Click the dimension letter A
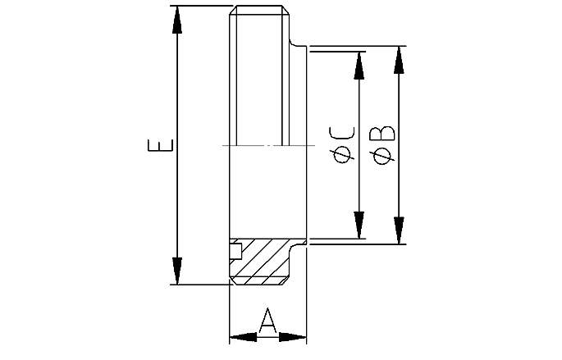(x=267, y=321)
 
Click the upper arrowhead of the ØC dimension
(x=359, y=66)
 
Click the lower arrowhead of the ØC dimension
(x=359, y=225)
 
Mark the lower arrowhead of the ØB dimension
(x=399, y=230)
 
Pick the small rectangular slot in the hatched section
(x=235, y=251)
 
